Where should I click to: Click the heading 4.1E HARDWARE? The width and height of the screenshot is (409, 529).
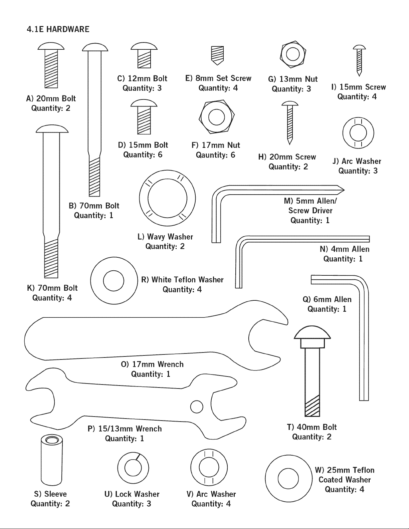tap(58, 29)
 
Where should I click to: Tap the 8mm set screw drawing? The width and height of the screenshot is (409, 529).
tap(217, 55)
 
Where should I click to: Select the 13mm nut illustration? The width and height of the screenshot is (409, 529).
tap(293, 54)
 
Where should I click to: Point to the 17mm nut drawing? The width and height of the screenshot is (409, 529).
tap(216, 116)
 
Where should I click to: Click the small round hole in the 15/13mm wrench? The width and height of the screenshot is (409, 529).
tap(197, 407)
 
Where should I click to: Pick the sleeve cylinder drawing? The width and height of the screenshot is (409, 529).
tap(51, 460)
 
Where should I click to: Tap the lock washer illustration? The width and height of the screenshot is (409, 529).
tap(133, 468)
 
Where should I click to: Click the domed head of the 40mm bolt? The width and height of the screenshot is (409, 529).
tap(313, 332)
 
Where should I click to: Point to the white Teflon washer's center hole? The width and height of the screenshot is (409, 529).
tap(114, 280)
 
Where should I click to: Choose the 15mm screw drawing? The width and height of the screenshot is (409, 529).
tap(359, 60)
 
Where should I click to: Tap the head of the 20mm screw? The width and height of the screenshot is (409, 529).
tap(290, 103)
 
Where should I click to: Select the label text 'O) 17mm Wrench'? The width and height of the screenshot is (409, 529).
tap(152, 364)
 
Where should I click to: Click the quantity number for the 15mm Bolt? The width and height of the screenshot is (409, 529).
tap(160, 155)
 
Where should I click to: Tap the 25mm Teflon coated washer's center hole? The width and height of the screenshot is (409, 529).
tap(288, 478)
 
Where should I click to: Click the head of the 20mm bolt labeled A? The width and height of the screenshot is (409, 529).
tap(51, 46)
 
